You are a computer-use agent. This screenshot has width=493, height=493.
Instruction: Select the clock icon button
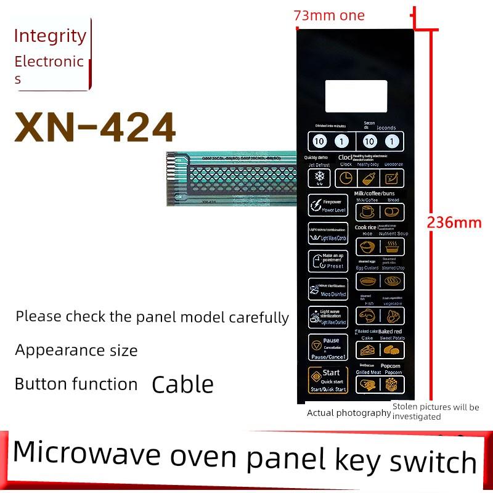[x=346, y=179]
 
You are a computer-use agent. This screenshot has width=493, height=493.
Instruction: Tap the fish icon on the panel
[x=369, y=316]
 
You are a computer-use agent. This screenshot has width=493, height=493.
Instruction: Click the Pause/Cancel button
[x=328, y=348]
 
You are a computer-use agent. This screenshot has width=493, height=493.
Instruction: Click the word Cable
[x=182, y=385]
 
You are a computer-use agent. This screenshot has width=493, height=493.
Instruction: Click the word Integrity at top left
[x=50, y=36]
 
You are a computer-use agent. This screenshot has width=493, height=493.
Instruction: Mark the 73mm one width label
[x=329, y=16]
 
